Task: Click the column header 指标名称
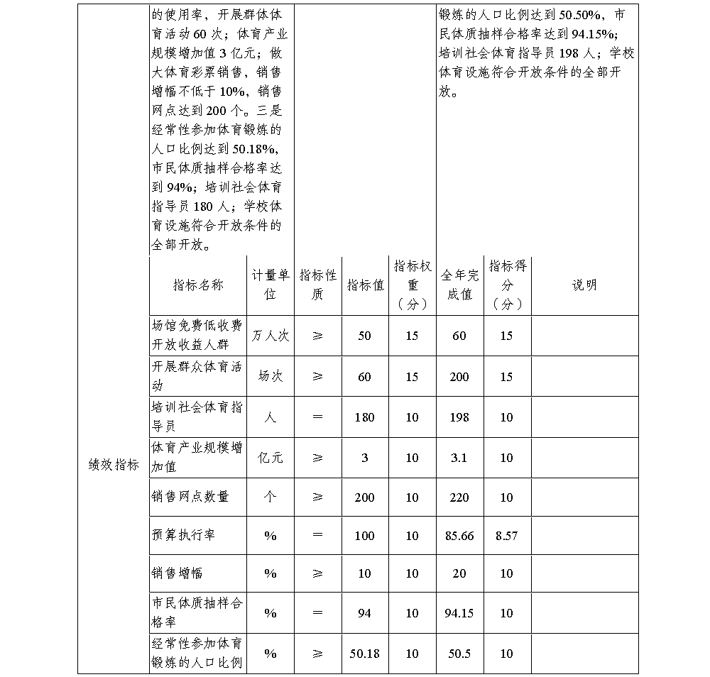(x=198, y=285)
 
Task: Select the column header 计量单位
(x=270, y=285)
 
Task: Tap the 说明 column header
(x=584, y=285)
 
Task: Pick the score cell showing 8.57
(x=506, y=536)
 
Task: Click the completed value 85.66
(x=459, y=536)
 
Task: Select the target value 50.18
(x=364, y=654)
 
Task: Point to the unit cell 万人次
(x=270, y=336)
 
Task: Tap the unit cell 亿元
(x=270, y=458)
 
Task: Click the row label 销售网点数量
(x=190, y=497)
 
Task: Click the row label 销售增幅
(x=177, y=573)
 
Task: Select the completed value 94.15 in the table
(x=459, y=613)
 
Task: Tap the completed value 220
(x=459, y=497)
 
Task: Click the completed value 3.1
(x=459, y=458)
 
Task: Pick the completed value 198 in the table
(x=459, y=417)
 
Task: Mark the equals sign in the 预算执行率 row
(x=317, y=536)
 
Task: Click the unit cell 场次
(x=270, y=377)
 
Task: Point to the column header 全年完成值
(x=459, y=285)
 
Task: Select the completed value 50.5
(x=459, y=654)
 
